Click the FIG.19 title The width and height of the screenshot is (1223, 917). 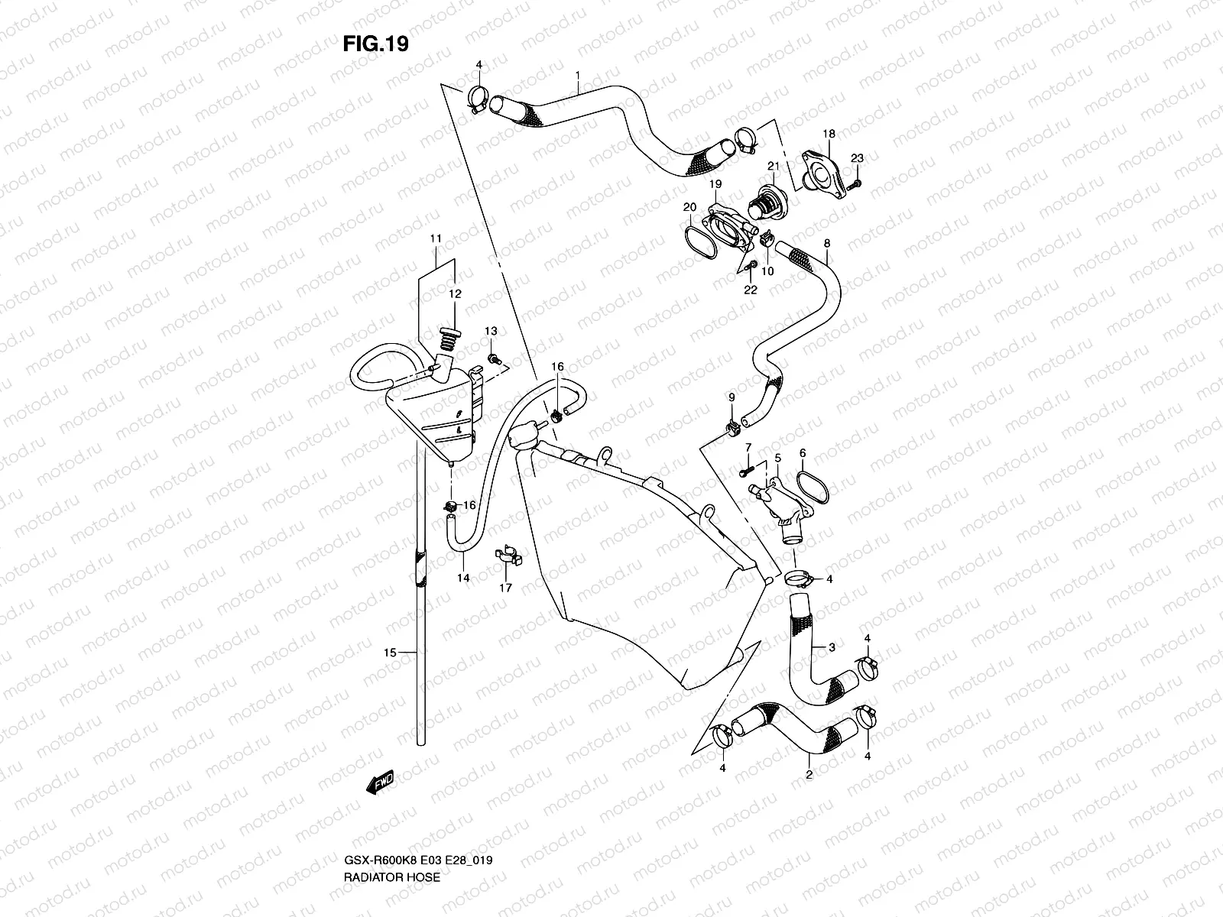[x=375, y=44]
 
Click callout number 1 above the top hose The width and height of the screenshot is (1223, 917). [x=578, y=76]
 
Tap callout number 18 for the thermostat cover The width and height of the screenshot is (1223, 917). [x=829, y=134]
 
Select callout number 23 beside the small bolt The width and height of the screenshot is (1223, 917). [x=857, y=158]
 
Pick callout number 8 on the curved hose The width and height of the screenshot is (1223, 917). [x=826, y=243]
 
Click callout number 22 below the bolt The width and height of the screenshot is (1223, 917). [x=751, y=290]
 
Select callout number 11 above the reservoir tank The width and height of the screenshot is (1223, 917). [x=436, y=239]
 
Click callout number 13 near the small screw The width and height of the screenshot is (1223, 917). [x=490, y=331]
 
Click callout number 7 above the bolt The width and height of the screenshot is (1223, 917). [x=748, y=446]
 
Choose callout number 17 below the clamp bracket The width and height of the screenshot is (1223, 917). [x=505, y=588]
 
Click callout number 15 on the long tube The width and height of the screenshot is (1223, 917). [x=390, y=653]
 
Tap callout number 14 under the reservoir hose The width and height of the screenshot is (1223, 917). [x=463, y=578]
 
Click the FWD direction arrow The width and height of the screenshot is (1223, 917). [x=379, y=781]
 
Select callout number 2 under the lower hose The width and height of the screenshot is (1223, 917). [x=809, y=775]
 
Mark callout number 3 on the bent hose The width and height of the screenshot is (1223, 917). [x=832, y=648]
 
